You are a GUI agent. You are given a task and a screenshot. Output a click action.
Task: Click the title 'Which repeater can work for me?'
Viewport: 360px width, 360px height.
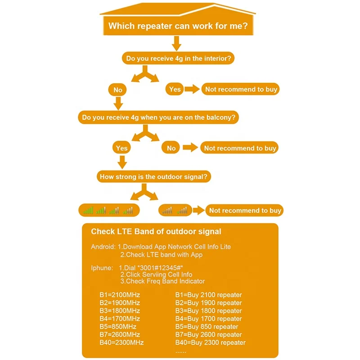coord(178,27)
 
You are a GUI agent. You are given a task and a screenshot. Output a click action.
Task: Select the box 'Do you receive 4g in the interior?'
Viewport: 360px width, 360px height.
coord(178,59)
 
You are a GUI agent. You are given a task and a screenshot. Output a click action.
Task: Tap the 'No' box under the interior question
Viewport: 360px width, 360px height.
coord(118,90)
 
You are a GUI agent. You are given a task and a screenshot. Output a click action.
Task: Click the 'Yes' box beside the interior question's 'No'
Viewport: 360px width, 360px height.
coord(175,89)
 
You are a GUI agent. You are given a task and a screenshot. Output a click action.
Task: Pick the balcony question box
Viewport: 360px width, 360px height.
coord(158,117)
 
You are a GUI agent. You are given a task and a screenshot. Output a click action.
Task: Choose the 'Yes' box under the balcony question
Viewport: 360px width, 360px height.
coord(121,148)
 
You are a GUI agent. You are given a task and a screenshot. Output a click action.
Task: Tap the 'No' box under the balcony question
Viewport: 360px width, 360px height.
coord(171,148)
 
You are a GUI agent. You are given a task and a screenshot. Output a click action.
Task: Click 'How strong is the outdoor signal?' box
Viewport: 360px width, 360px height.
coord(154,177)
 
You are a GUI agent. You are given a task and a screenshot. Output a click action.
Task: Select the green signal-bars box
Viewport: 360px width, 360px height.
coord(108,210)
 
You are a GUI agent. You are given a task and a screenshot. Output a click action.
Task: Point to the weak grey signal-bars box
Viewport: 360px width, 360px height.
coord(175,210)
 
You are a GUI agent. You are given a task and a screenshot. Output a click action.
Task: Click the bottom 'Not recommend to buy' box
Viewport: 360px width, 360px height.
coord(244,210)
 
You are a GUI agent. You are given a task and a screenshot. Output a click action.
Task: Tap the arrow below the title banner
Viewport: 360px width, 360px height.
coord(176,44)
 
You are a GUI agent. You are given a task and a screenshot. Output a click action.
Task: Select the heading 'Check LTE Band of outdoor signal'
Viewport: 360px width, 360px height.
coord(156,232)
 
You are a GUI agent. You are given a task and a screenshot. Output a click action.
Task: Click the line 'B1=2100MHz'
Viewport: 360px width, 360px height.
coord(120,295)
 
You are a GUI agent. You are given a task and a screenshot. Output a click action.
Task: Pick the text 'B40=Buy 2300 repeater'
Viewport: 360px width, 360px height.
coord(210,342)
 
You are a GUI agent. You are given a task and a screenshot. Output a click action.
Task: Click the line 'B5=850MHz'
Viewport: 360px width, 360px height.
coord(118,326)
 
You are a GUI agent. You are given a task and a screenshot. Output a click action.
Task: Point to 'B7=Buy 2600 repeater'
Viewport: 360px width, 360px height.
coord(208,334)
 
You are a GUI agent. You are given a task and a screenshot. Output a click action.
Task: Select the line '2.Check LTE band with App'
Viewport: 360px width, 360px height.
coord(161,255)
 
